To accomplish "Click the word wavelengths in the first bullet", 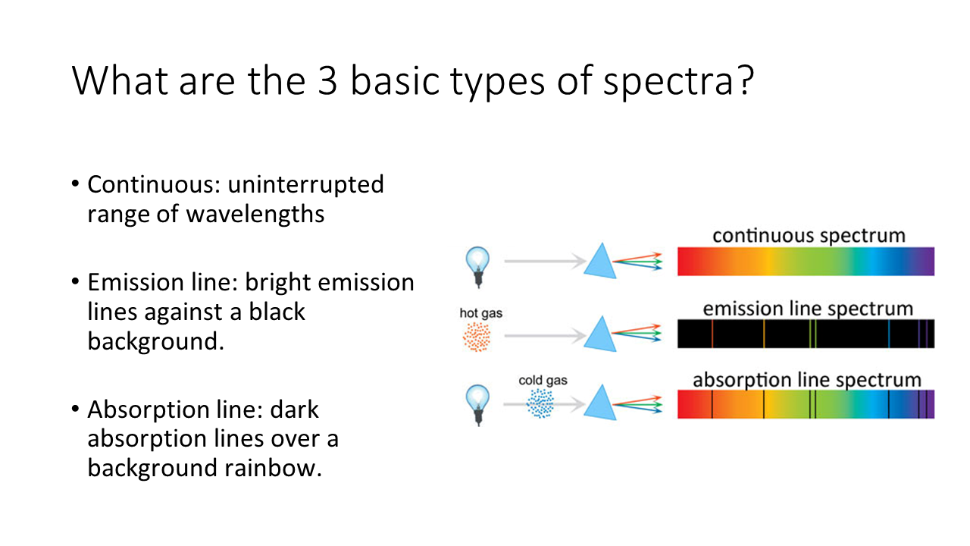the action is pyautogui.click(x=255, y=214).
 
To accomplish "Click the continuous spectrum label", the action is pyautogui.click(x=809, y=236).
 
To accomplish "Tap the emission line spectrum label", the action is pyautogui.click(x=808, y=309).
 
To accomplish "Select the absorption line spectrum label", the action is pyautogui.click(x=807, y=380).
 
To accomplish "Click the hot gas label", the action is pyautogui.click(x=480, y=313).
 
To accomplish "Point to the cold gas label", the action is pyautogui.click(x=543, y=380).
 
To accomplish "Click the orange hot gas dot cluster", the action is pyautogui.click(x=477, y=337).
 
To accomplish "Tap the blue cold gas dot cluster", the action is pyautogui.click(x=540, y=403).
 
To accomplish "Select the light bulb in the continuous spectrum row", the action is pyautogui.click(x=477, y=266).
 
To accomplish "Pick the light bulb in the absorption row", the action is pyautogui.click(x=477, y=405).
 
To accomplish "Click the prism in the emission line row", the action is pyautogui.click(x=600, y=334).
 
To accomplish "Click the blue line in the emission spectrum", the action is pyautogui.click(x=889, y=334).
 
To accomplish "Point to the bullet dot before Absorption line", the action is pyautogui.click(x=75, y=409).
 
